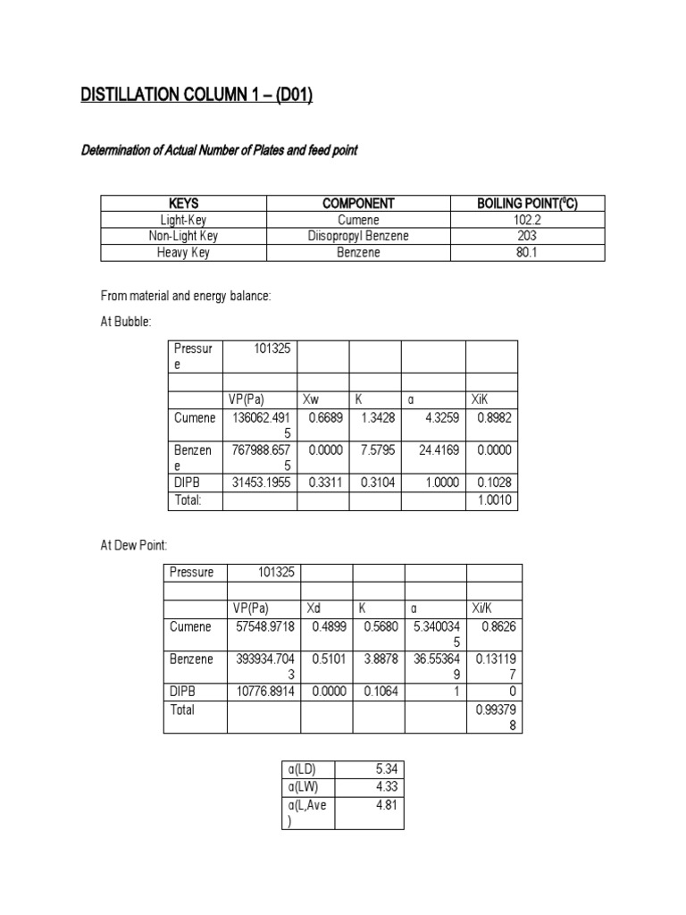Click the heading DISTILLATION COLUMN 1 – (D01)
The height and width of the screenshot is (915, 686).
(197, 96)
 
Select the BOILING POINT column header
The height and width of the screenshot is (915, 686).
(528, 204)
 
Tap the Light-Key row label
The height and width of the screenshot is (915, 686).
(183, 220)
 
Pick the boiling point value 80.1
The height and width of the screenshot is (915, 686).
(528, 252)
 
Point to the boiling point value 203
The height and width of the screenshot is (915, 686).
(528, 236)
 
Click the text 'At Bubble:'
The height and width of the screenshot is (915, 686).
(126, 321)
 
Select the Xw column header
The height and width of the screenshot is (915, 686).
(312, 401)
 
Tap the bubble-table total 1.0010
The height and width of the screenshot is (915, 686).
(494, 500)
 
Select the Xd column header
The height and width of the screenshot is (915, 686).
(314, 608)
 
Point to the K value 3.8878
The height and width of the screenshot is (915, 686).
(381, 659)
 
